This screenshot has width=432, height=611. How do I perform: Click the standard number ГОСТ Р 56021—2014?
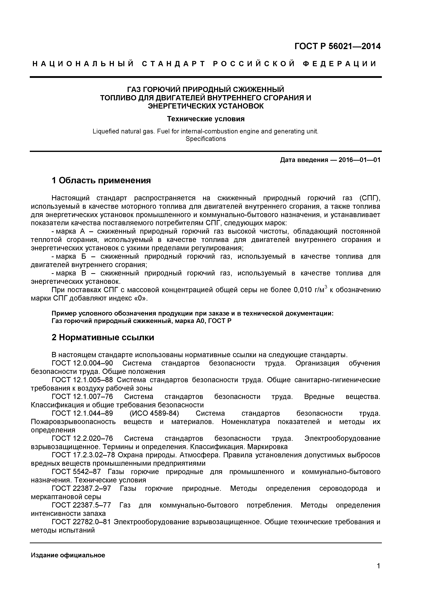pos(337,46)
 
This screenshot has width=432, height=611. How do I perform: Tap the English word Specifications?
pos(206,139)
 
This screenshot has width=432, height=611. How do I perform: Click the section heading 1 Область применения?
pos(101,180)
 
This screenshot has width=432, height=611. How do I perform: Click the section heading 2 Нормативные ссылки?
pos(103,337)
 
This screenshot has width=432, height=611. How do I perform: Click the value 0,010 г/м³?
pos(310,290)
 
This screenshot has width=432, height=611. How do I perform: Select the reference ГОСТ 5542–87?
pos(76,472)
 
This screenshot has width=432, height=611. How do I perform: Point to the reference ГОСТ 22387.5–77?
pos(81,505)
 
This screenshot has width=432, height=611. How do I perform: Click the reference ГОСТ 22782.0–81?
pos(81,522)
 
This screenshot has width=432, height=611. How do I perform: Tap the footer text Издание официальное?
pos(68,555)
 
